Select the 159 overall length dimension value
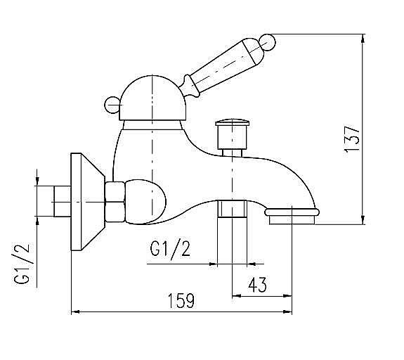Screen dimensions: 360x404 coord(181,301)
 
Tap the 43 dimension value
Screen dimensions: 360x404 coord(258,285)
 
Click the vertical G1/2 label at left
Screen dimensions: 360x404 coord(24,263)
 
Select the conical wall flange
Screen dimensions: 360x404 coord(87,200)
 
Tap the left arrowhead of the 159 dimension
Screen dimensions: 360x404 coord(77,311)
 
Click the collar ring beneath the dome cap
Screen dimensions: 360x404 coord(150,125)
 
